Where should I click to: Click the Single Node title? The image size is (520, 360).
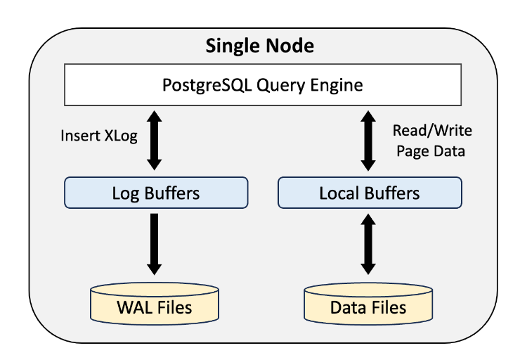pyautogui.click(x=260, y=46)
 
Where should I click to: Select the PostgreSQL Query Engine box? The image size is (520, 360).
pyautogui.click(x=263, y=85)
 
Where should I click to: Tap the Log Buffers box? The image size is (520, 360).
pyautogui.click(x=156, y=193)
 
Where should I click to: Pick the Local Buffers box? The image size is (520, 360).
pyautogui.click(x=370, y=193)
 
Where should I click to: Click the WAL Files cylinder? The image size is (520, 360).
pyautogui.click(x=155, y=304)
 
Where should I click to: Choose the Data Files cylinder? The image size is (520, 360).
pyautogui.click(x=368, y=304)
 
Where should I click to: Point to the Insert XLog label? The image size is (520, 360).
pyautogui.click(x=99, y=136)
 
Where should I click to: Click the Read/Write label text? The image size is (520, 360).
pyautogui.click(x=432, y=130)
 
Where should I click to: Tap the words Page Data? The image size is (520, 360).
pyautogui.click(x=431, y=151)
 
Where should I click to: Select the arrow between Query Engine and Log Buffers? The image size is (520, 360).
pyautogui.click(x=154, y=141)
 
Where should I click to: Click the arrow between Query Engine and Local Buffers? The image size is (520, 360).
pyautogui.click(x=368, y=141)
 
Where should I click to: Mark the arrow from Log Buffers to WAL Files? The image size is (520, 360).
pyautogui.click(x=154, y=244)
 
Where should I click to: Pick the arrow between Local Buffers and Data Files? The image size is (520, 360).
pyautogui.click(x=368, y=244)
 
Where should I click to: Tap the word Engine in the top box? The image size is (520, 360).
pyautogui.click(x=337, y=85)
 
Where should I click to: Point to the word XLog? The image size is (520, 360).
pyautogui.click(x=121, y=136)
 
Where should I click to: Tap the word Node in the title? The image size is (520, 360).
pyautogui.click(x=290, y=46)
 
